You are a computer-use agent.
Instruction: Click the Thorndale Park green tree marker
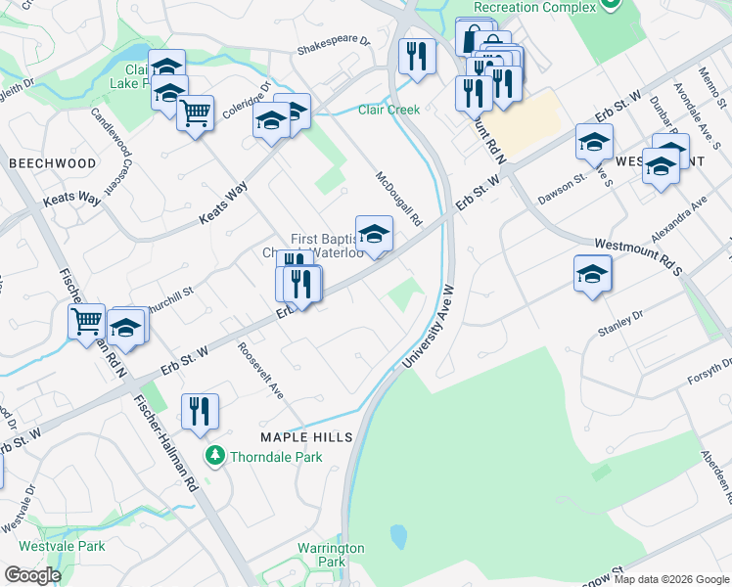click(x=214, y=456)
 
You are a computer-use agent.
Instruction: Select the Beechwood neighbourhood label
click(x=53, y=163)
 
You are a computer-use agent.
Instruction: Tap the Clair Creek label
click(x=389, y=110)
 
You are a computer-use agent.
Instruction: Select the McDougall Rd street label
click(x=398, y=199)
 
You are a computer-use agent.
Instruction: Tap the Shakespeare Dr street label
click(x=334, y=43)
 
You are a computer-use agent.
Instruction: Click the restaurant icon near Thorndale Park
click(x=200, y=412)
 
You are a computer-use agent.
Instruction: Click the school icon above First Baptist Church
click(x=374, y=234)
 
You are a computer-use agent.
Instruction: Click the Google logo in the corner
click(x=32, y=575)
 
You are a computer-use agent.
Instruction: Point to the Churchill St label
click(x=172, y=291)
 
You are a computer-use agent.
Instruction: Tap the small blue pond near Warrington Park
click(x=398, y=536)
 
